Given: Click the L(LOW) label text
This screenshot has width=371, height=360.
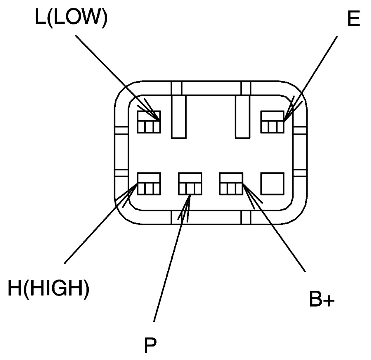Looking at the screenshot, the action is click(71, 17).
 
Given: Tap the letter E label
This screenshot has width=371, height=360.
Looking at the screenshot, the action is click(354, 18).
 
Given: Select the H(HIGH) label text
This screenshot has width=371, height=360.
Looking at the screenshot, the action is click(49, 288).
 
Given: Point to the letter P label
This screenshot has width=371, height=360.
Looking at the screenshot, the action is click(150, 345).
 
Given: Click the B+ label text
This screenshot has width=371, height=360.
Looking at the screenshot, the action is click(322, 299).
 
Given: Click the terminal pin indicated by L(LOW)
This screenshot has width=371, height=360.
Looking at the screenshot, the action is click(149, 122).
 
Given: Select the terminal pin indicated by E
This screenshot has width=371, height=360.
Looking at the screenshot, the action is click(272, 122).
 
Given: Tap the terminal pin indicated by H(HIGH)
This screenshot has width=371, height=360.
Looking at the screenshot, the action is click(149, 184).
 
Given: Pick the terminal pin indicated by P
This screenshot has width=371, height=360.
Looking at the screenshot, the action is click(190, 184).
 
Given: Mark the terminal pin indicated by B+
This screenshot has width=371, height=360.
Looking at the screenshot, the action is click(231, 184).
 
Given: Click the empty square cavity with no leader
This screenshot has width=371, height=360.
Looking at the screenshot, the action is click(272, 184).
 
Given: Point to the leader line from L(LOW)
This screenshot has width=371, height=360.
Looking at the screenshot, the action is click(117, 78).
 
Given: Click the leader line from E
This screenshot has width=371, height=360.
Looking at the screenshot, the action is click(311, 79).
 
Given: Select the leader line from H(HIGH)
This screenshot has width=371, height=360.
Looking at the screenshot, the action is click(101, 223).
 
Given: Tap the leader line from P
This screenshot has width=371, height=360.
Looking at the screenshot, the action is click(172, 258).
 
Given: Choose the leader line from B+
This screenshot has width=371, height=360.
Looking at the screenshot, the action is click(274, 228).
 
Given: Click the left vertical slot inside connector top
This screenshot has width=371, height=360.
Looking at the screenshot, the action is click(179, 116).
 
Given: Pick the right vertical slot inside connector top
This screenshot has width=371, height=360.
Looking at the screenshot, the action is click(243, 116).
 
